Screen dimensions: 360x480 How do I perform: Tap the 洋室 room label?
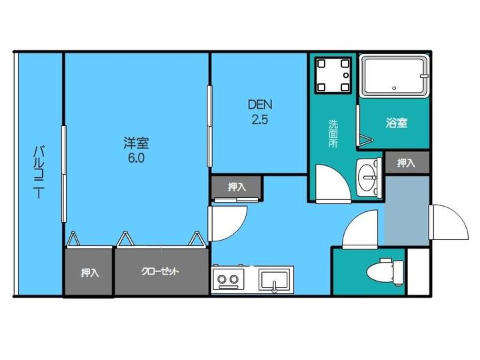(135, 143)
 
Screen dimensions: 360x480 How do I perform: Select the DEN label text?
(260, 105)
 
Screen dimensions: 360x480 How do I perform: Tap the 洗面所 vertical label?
(333, 133)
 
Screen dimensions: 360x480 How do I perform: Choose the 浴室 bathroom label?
(396, 123)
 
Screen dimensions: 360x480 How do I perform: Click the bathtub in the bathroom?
(393, 77)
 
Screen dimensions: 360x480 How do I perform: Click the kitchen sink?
(275, 280)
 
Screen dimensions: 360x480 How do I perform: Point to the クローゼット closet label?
(160, 272)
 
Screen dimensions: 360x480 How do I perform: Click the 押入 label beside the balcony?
(90, 272)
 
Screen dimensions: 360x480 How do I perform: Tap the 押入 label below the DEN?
(237, 187)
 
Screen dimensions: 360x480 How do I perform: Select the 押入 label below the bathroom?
(406, 163)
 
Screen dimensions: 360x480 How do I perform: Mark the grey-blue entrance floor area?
(406, 210)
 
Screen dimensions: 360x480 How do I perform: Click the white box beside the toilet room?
(418, 271)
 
